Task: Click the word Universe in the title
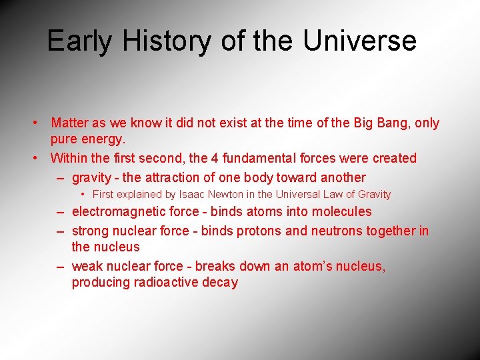(x=359, y=41)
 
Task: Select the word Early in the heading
(x=79, y=41)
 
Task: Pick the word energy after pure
(x=105, y=139)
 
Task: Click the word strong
(x=89, y=231)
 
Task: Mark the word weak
(x=87, y=266)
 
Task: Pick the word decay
(x=221, y=282)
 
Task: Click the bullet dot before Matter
(x=33, y=123)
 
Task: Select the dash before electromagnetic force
(x=60, y=211)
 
